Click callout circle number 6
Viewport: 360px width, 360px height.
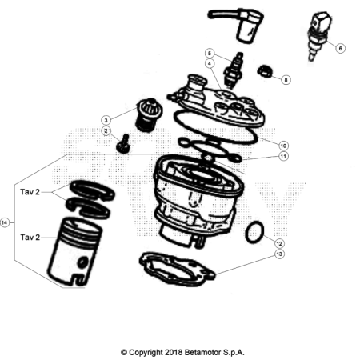coord(340,49)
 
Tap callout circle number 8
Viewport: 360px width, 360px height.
coord(286,80)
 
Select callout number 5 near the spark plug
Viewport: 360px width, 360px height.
coord(210,54)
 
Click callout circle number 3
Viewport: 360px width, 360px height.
coord(106,120)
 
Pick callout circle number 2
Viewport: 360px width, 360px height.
coord(106,131)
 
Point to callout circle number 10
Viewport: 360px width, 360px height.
coord(283,146)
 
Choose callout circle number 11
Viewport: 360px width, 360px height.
coord(283,156)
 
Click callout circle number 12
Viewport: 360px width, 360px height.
coord(279,243)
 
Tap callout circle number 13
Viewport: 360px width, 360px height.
coord(279,254)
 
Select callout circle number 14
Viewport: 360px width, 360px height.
coord(5,222)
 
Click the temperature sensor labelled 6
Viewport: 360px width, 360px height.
coord(318,36)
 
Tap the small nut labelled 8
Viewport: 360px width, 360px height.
coord(265,71)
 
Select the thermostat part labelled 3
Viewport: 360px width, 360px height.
coord(149,115)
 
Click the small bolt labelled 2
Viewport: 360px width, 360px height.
coord(123,144)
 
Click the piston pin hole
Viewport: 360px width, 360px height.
coord(82,262)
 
